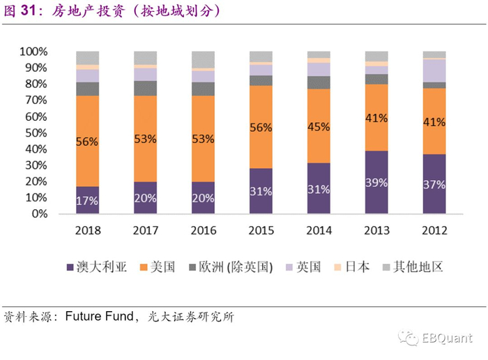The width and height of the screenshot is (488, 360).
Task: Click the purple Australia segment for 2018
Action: [x=88, y=200]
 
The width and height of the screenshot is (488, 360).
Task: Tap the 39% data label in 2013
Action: [x=376, y=182]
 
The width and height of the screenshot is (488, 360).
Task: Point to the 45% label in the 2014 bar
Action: [x=318, y=126]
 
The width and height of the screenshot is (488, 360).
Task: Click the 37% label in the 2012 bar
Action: [x=434, y=183]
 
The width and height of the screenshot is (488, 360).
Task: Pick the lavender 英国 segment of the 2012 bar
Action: [x=434, y=70]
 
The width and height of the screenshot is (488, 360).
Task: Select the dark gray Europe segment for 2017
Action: [x=145, y=88]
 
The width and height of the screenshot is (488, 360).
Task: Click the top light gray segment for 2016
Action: [x=203, y=59]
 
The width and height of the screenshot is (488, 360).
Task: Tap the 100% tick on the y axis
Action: [x=33, y=52]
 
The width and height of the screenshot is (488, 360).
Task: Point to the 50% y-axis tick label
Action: [x=36, y=133]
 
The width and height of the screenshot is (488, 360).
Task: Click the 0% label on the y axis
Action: [x=38, y=214]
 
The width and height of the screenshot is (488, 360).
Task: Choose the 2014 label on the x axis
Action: [x=318, y=231]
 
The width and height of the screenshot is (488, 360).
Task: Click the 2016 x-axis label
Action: [x=203, y=231]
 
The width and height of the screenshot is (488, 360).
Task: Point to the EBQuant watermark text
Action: [x=446, y=338]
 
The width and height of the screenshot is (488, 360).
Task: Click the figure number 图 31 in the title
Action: [x=20, y=12]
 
